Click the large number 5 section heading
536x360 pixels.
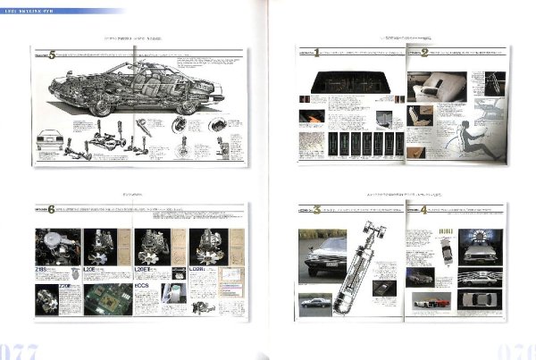[52, 54]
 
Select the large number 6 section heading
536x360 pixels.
[52, 210]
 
